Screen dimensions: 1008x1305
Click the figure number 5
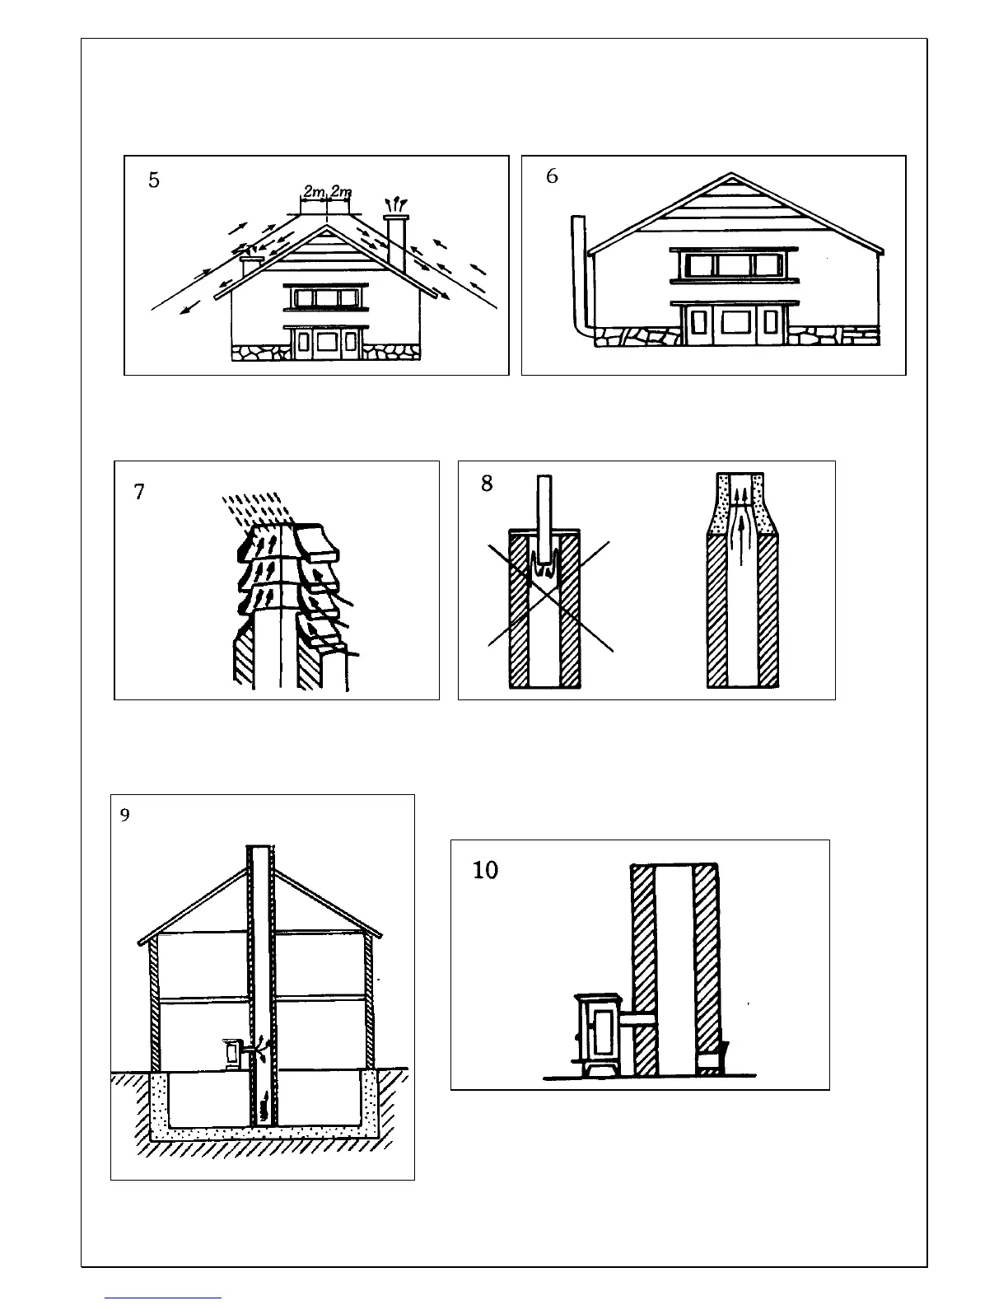click(154, 180)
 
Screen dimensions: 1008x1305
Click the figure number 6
click(552, 176)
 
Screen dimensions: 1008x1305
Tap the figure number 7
click(139, 492)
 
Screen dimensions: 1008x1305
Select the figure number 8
click(487, 484)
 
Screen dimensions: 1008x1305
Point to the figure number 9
click(124, 816)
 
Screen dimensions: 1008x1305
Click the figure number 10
click(486, 870)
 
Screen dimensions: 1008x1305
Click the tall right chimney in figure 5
click(397, 243)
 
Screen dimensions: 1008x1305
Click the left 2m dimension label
click(313, 192)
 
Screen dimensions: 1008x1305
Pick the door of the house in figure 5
click(326, 344)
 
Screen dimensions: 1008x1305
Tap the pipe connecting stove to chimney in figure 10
click(639, 1021)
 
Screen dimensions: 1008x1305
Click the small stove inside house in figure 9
click(231, 1053)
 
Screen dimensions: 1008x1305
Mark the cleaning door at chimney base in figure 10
click(711, 1058)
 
